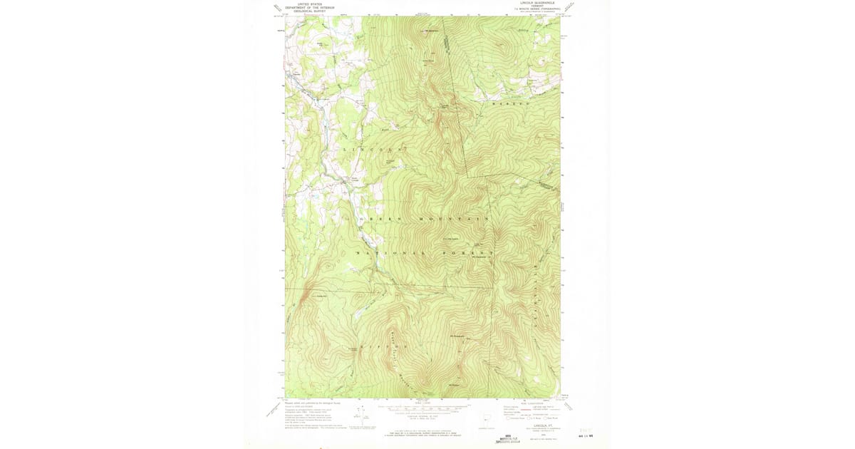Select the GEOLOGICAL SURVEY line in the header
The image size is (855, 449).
pyautogui.click(x=309, y=11)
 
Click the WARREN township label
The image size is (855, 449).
pyautogui.click(x=507, y=104)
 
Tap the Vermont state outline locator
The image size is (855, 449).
pyautogui.click(x=487, y=418)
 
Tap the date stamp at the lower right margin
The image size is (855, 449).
pyautogui.click(x=586, y=436)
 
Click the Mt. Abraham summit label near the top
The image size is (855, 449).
pyautogui.click(x=432, y=31)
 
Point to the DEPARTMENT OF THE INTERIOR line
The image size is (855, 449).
pyautogui.click(x=309, y=7)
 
